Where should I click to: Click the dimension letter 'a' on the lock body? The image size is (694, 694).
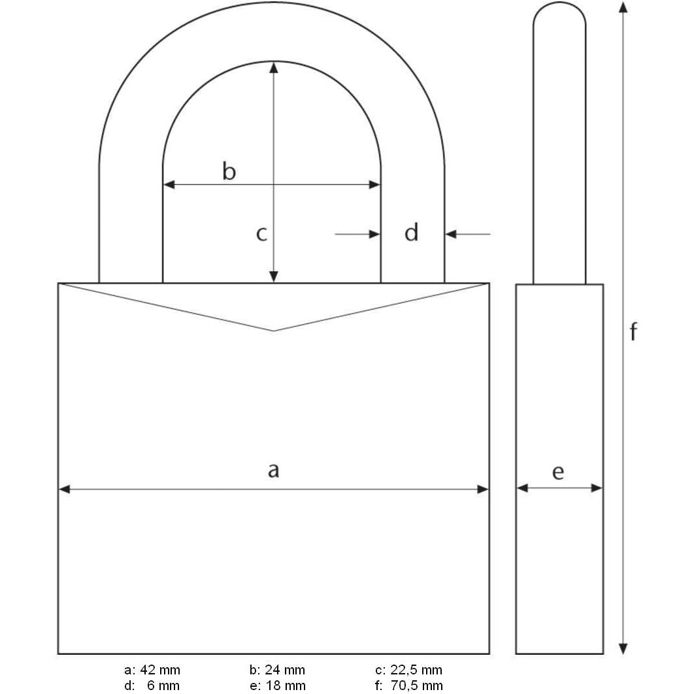pyautogui.click(x=273, y=469)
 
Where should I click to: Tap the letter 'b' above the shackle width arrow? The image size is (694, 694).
pyautogui.click(x=229, y=172)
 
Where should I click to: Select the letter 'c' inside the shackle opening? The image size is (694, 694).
pyautogui.click(x=261, y=233)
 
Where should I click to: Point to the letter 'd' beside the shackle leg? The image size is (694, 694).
pyautogui.click(x=411, y=232)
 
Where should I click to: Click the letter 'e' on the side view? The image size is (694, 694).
pyautogui.click(x=557, y=472)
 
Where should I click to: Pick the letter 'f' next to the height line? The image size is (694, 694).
pyautogui.click(x=633, y=332)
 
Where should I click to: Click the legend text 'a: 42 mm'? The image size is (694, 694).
pyautogui.click(x=152, y=670)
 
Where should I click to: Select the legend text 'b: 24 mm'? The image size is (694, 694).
pyautogui.click(x=277, y=670)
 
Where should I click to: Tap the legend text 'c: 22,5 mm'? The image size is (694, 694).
pyautogui.click(x=408, y=670)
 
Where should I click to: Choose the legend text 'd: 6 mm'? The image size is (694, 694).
pyautogui.click(x=152, y=685)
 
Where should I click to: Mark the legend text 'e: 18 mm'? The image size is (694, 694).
pyautogui.click(x=277, y=685)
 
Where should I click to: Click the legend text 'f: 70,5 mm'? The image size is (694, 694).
pyautogui.click(x=408, y=685)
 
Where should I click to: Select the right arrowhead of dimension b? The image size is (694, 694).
pyautogui.click(x=375, y=185)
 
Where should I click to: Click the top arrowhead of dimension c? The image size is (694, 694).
pyautogui.click(x=274, y=67)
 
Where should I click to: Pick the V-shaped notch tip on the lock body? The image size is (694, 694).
pyautogui.click(x=274, y=331)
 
